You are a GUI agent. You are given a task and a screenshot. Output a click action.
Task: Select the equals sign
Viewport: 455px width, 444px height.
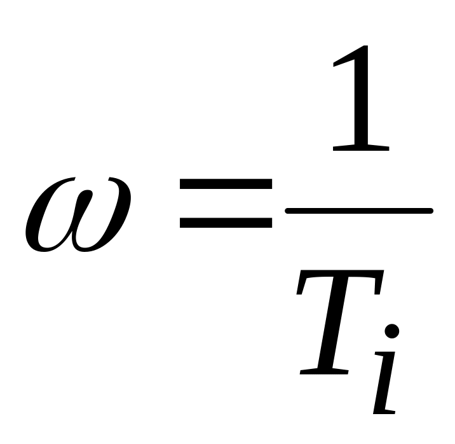226,204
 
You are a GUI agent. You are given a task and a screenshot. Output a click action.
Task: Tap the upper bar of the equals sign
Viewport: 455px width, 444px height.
226,185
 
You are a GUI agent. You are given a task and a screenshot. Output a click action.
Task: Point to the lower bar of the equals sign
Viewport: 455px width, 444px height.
226,223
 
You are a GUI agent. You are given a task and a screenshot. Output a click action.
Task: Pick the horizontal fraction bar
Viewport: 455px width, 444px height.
359,209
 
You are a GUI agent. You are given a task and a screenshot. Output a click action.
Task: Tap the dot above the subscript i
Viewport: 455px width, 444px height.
392,331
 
